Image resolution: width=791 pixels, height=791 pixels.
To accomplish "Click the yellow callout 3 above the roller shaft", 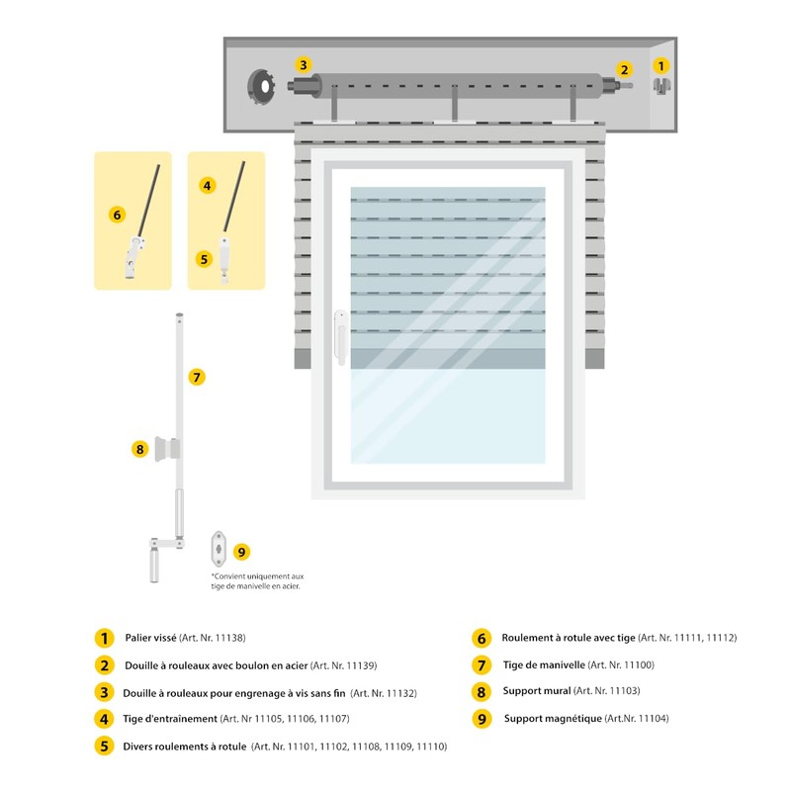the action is [304, 65].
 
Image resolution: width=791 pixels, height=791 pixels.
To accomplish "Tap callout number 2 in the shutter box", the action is [625, 69].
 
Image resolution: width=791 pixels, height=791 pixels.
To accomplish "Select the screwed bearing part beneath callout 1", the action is [661, 85].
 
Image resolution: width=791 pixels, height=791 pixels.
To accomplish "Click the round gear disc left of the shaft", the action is [261, 86].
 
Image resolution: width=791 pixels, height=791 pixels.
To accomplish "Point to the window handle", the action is [341, 337].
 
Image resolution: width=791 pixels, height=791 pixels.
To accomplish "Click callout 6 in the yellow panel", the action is [117, 215].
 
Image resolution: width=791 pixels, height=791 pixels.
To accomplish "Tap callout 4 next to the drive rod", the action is [207, 186].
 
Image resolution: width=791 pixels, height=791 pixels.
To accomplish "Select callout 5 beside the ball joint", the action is [204, 259].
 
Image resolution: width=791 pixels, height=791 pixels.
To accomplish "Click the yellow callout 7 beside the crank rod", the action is [197, 377].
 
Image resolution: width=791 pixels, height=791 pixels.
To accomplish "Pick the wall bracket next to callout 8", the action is [167, 449].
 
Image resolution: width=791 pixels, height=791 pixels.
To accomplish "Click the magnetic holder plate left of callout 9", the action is [219, 549].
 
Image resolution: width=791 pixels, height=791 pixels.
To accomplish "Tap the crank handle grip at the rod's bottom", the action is [154, 566].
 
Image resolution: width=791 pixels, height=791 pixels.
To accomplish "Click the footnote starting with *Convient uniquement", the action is [257, 581].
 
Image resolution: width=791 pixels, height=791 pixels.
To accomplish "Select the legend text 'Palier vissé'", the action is [150, 638].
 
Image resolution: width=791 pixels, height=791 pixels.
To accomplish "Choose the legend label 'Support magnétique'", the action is [553, 719].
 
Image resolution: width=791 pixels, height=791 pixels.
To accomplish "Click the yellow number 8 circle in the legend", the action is [482, 692].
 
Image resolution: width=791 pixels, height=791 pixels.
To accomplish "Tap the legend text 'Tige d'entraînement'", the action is [170, 719].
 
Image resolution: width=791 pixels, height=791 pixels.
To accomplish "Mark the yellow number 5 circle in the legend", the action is [104, 747].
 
